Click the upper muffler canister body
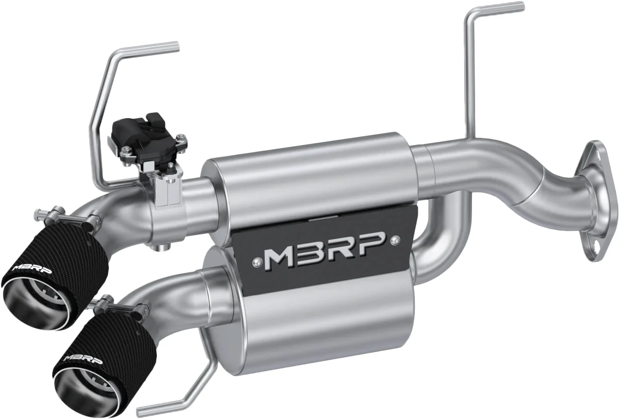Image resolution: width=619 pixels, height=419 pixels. click(309, 175)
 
